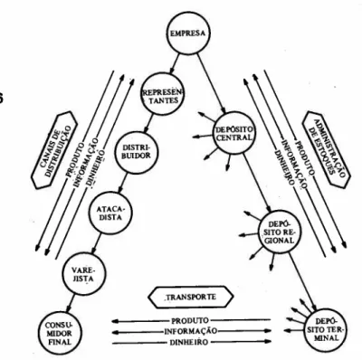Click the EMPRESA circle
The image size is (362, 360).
188,33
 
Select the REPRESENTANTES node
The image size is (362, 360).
163,95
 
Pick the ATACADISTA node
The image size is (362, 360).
110,213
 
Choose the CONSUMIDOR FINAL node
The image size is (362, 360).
59,333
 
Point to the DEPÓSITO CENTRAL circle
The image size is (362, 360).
233,133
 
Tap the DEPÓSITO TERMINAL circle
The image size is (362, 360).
327,329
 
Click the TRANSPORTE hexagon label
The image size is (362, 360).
191,297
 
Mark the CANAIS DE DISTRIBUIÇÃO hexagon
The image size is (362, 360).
54,150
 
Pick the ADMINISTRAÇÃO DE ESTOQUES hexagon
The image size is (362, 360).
326,150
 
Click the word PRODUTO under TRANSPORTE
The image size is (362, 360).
190,320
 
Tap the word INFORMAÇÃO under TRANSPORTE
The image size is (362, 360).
191,331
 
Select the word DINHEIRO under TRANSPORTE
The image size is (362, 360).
188,342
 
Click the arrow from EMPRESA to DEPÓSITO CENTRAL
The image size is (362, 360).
212,84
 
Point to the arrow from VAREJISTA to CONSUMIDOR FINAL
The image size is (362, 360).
71,304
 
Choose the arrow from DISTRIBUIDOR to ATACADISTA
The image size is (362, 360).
124,183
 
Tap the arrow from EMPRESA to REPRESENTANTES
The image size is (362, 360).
174,64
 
